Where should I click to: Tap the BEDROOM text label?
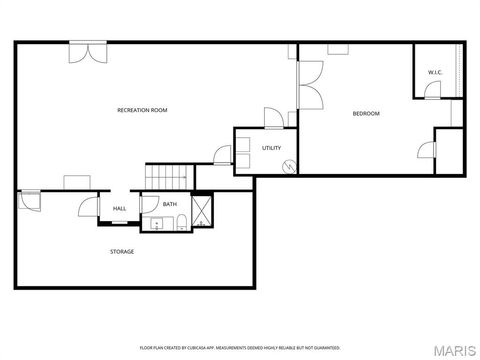point(366,113)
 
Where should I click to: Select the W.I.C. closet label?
point(435,72)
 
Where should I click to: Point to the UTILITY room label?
point(271,148)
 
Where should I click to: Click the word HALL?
point(119,208)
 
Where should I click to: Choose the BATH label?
point(170,204)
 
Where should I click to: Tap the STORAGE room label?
point(122,251)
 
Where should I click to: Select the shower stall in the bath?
point(201,211)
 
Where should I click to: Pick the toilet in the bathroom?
point(179,224)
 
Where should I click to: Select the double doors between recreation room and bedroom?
point(309,85)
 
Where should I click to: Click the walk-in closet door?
point(432,91)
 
